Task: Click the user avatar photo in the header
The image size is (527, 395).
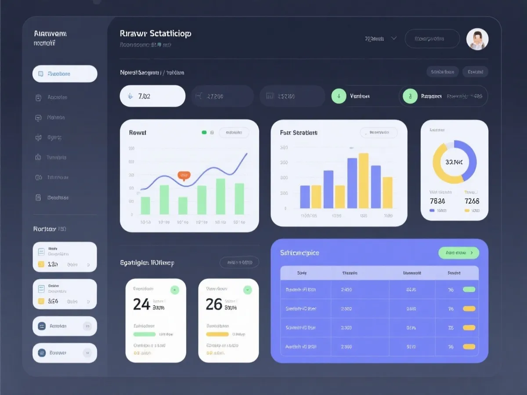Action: (477, 39)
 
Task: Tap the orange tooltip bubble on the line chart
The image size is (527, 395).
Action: (184, 175)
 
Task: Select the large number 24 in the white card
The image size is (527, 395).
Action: (141, 304)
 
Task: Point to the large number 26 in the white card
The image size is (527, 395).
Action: (214, 304)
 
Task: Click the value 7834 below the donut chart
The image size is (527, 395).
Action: (437, 201)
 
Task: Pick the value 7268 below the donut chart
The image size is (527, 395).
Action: (472, 201)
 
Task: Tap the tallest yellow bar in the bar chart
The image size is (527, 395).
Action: (363, 180)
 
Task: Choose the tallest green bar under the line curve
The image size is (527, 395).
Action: (220, 196)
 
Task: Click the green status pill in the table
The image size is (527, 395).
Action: (469, 290)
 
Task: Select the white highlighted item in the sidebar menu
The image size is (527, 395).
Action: (65, 74)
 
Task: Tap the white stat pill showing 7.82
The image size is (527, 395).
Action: (152, 96)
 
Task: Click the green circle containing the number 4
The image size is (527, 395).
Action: (339, 96)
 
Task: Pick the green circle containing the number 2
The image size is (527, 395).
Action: (410, 96)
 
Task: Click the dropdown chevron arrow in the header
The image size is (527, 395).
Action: (394, 38)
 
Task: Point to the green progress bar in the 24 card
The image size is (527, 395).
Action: (144, 334)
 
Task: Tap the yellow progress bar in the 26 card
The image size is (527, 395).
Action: (217, 334)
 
